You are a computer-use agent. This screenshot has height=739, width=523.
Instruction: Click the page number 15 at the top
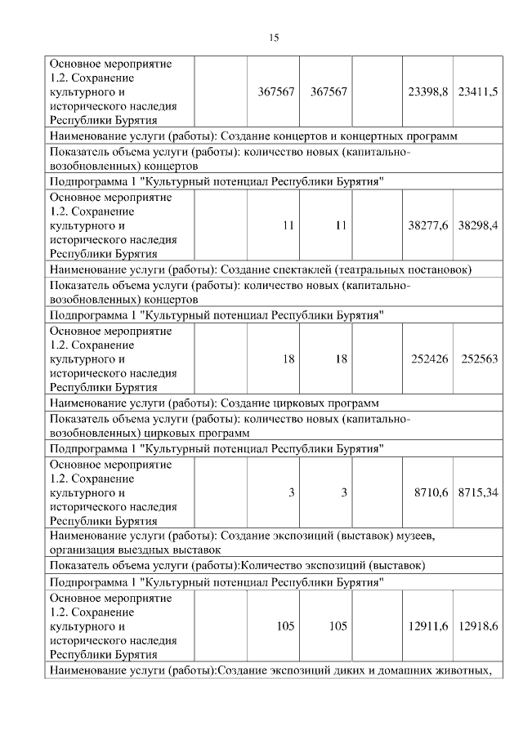(x=274, y=38)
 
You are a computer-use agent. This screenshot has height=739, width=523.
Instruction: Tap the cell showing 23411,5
(x=478, y=92)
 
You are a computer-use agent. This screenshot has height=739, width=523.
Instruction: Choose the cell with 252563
(x=480, y=359)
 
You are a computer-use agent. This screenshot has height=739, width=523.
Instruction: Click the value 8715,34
(x=478, y=492)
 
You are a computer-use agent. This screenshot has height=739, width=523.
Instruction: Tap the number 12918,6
(x=478, y=625)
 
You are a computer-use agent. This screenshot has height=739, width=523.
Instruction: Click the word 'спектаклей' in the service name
(x=292, y=269)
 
